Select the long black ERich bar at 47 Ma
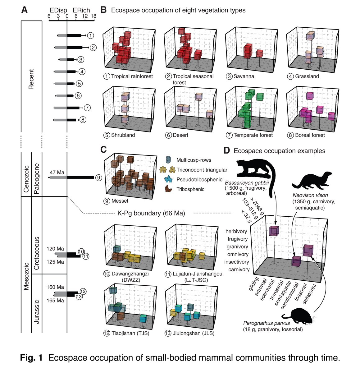coord(80,177)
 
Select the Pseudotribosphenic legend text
coord(200,179)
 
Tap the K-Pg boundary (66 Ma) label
coord(151,214)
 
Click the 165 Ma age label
coord(56,301)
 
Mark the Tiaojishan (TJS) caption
coord(126,334)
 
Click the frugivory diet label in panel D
coord(237,239)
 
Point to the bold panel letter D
coord(227,151)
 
